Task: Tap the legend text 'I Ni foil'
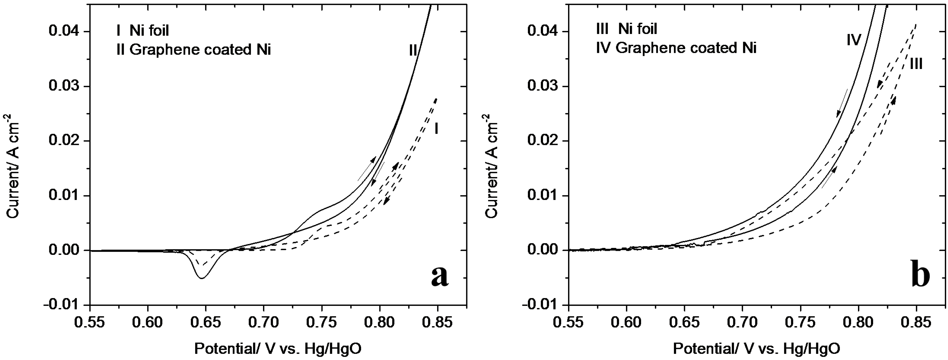[143, 30]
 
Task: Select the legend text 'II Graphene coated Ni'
[193, 49]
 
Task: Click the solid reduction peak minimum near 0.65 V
[202, 278]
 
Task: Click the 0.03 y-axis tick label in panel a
[64, 86]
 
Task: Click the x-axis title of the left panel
[278, 348]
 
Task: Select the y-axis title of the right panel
[492, 166]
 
